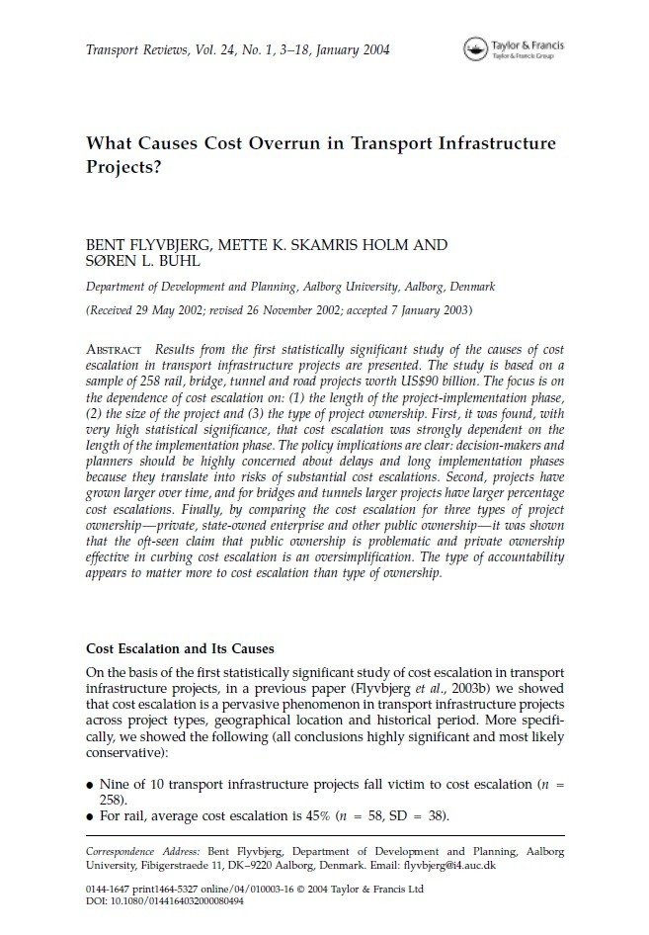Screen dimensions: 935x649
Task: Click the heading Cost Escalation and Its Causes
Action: coord(178,649)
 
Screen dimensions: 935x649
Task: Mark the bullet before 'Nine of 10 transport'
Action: coord(91,785)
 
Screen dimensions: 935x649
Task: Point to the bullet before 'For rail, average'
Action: coord(91,816)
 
